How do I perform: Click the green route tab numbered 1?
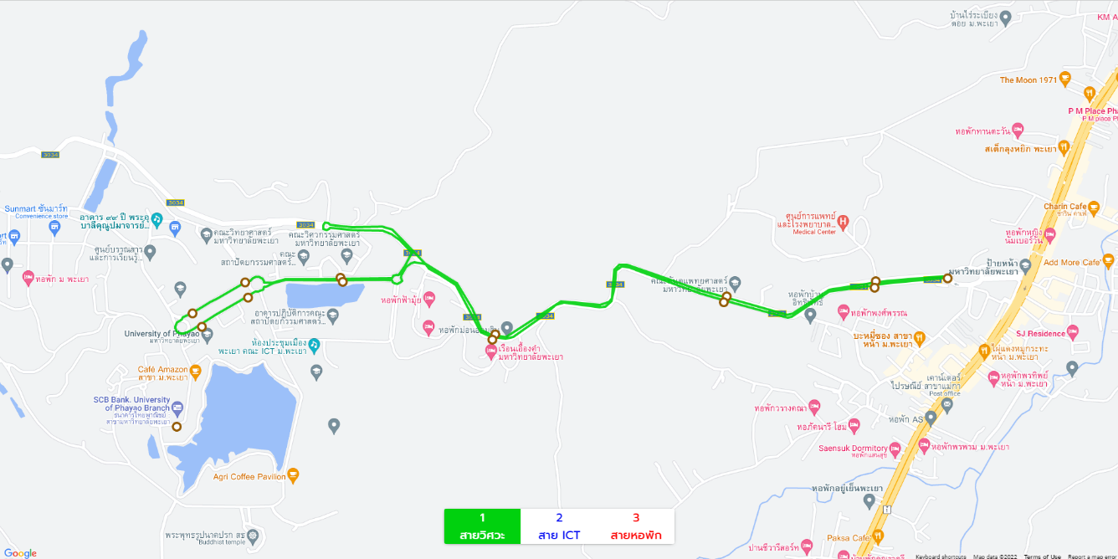tap(482, 526)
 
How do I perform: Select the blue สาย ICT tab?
tap(559, 526)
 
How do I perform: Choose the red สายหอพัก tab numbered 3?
tap(636, 526)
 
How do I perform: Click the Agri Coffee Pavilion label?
tap(249, 477)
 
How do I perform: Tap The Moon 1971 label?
tap(1028, 80)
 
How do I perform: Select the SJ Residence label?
tap(1040, 334)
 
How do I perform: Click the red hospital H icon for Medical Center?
tap(844, 222)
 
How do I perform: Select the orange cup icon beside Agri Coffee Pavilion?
tap(293, 476)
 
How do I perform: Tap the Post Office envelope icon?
tap(947, 405)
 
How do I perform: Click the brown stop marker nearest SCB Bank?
tap(177, 427)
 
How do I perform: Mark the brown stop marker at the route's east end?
tap(947, 279)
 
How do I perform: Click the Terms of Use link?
tap(1042, 556)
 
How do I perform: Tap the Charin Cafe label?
tap(1064, 207)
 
